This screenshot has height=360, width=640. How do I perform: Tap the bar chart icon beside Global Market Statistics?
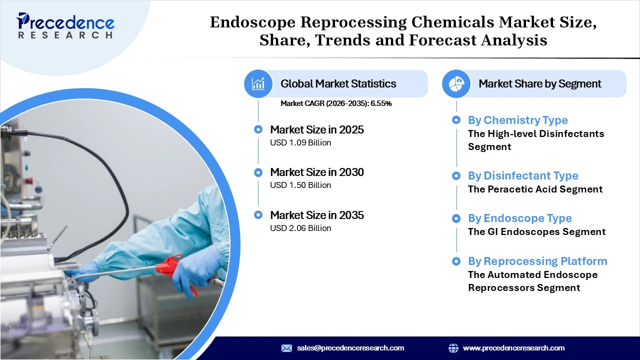pos(258,83)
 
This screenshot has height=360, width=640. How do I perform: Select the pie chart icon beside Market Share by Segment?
pos(456,83)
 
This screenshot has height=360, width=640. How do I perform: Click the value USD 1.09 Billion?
pos(300,143)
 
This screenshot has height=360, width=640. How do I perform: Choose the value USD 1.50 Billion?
pos(300,185)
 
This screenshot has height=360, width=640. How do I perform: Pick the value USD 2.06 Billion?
pos(300,228)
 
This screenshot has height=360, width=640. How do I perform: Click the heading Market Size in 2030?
pos(316,172)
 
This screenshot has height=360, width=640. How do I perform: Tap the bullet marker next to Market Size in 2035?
pos(258,215)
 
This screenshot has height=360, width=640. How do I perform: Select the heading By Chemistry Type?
pos(517,120)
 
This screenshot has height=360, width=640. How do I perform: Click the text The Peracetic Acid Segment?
pos(535,189)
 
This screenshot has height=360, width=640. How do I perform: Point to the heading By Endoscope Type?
pos(519,218)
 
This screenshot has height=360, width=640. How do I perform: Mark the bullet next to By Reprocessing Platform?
pos(456,261)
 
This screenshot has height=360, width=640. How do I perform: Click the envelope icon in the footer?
pos(286,348)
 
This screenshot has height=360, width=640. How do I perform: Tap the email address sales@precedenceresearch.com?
pos(350,348)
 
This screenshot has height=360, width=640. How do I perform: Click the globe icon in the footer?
pos(453,348)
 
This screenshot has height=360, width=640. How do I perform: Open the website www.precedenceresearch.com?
pos(513,348)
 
